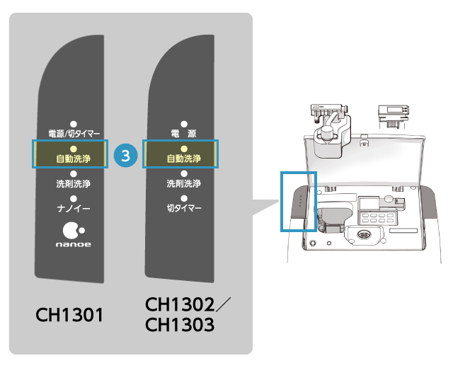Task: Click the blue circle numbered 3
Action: click(125, 156)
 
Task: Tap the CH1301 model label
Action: click(71, 314)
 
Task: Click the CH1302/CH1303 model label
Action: click(185, 314)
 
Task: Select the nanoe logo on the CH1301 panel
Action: click(74, 236)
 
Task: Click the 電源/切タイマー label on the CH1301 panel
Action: click(74, 133)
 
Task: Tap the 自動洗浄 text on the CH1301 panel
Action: click(74, 159)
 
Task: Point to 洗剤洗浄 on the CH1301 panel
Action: click(74, 184)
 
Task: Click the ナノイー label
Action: click(74, 209)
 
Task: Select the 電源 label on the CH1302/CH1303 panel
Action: click(183, 133)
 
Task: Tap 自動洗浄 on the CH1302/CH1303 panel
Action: click(183, 159)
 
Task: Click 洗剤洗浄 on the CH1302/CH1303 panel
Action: click(183, 184)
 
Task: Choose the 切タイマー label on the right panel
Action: click(183, 209)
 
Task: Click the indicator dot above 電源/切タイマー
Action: click(74, 123)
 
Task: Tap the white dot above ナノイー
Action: click(74, 199)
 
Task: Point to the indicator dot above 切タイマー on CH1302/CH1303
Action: click(183, 199)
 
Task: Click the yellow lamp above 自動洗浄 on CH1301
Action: click(74, 149)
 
